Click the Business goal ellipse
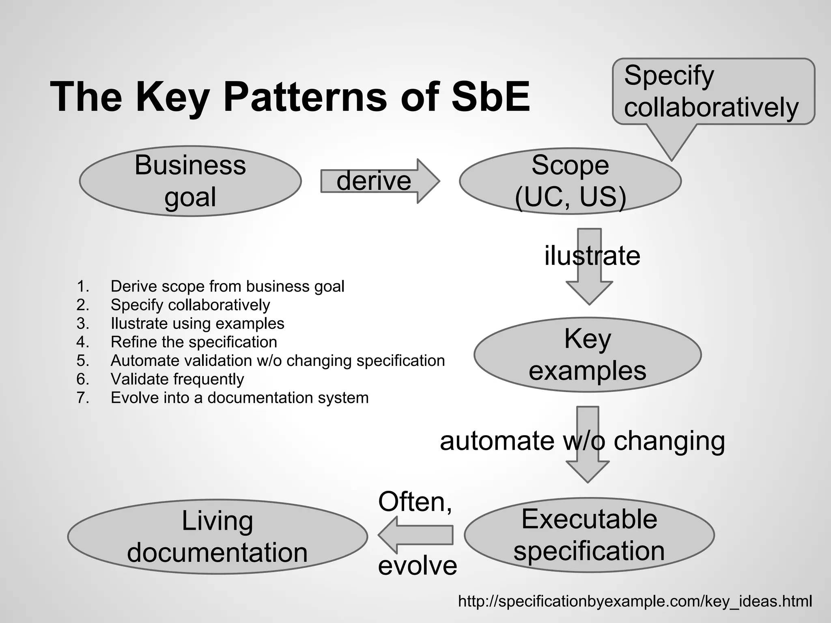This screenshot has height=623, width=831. click(190, 181)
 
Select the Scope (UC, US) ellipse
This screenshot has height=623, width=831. click(570, 181)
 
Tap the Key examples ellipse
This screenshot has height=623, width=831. click(587, 354)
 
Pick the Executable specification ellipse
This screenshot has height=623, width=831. click(589, 535)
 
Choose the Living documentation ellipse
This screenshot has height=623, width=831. click(217, 537)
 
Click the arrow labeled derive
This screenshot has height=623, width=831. click(379, 181)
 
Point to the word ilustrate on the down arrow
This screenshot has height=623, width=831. click(592, 256)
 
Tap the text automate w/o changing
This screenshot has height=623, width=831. click(582, 441)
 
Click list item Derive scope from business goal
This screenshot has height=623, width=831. click(227, 286)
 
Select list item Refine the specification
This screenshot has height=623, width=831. click(194, 342)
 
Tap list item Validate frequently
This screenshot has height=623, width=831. click(177, 379)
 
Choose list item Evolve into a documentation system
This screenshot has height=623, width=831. click(239, 398)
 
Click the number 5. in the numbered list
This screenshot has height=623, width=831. click(83, 361)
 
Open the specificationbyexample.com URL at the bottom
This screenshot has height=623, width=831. click(635, 601)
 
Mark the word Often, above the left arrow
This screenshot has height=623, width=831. click(415, 502)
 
